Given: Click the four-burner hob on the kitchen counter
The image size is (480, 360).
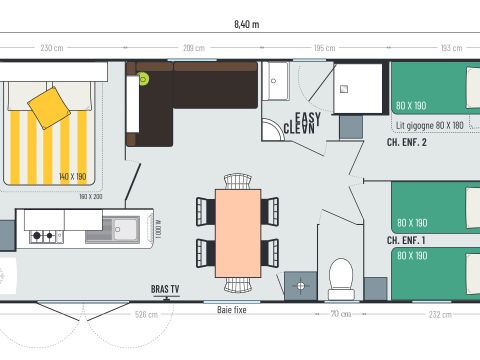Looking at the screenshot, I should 43,237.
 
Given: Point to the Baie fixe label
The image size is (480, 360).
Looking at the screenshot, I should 233,310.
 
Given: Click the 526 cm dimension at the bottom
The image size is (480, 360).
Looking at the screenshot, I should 145,315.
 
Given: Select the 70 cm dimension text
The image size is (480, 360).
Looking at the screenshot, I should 341,315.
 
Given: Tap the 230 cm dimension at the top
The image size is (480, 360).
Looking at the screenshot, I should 52,48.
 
